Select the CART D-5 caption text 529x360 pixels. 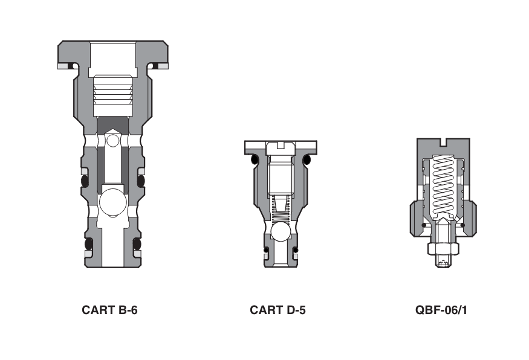point(277,310)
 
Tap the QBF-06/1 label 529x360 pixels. point(443,310)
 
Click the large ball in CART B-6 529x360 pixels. point(112,204)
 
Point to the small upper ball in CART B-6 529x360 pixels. point(112,141)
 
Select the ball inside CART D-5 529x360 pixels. point(280,232)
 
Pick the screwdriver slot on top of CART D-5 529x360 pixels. point(280,144)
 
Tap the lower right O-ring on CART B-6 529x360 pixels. point(137,243)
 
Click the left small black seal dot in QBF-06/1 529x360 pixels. point(423,225)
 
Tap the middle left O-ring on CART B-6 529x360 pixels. point(85,181)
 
